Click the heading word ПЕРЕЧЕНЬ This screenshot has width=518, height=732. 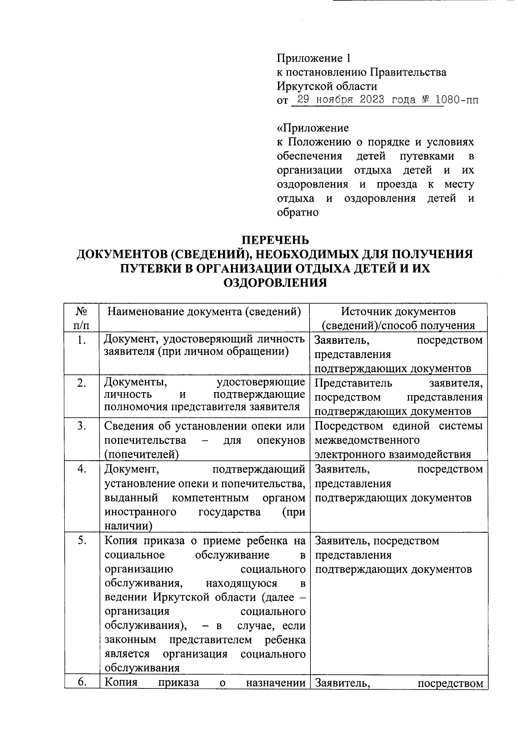pyautogui.click(x=274, y=240)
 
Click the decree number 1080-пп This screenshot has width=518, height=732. pyautogui.click(x=458, y=101)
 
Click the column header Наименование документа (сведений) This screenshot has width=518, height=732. pyautogui.click(x=204, y=311)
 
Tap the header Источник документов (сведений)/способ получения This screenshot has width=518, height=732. pyautogui.click(x=398, y=318)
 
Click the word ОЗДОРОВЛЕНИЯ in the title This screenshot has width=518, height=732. pyautogui.click(x=275, y=283)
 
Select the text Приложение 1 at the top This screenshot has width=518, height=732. pyautogui.click(x=311, y=58)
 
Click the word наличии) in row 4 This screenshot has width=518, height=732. pyautogui.click(x=128, y=526)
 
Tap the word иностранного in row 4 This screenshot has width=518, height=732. pyautogui.click(x=140, y=512)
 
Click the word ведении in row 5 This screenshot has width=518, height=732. pyautogui.click(x=125, y=597)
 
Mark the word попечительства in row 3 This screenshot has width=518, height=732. pyautogui.click(x=145, y=440)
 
